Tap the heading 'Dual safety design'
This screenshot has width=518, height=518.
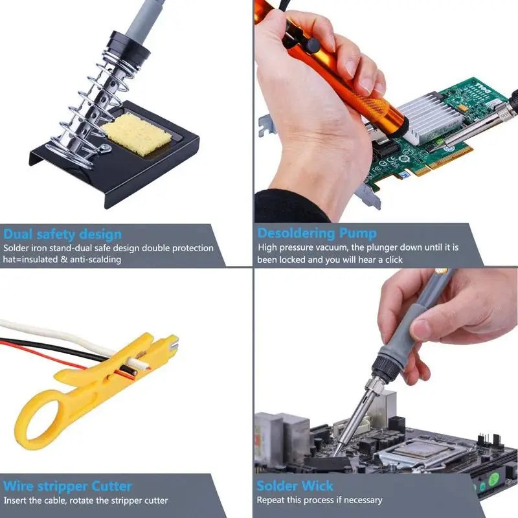tap(62, 234)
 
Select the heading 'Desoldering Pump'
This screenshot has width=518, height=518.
tap(317, 233)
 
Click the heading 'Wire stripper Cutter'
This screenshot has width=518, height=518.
tap(68, 486)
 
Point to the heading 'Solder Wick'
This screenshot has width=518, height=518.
tap(295, 486)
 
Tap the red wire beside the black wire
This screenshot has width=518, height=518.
tap(39, 348)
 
